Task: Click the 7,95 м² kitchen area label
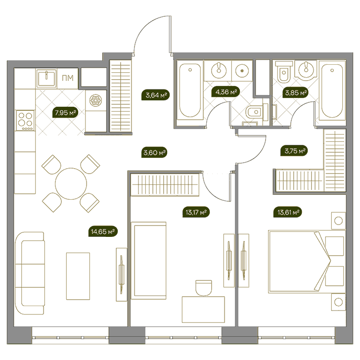click(65, 113)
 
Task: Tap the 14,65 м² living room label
click(103, 231)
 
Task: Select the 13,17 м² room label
click(196, 212)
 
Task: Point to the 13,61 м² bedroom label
click(288, 212)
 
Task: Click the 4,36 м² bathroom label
click(226, 92)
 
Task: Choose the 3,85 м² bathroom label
click(296, 93)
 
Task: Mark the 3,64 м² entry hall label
click(156, 95)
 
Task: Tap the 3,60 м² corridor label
click(154, 152)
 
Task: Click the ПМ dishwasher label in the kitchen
click(68, 78)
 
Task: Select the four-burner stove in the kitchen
click(25, 120)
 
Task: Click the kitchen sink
click(46, 78)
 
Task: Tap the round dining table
click(71, 183)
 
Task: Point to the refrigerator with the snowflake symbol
click(96, 100)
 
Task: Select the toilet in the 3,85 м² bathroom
click(284, 72)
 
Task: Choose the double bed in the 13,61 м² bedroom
click(307, 262)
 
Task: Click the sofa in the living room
click(30, 273)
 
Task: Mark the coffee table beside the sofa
click(78, 276)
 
